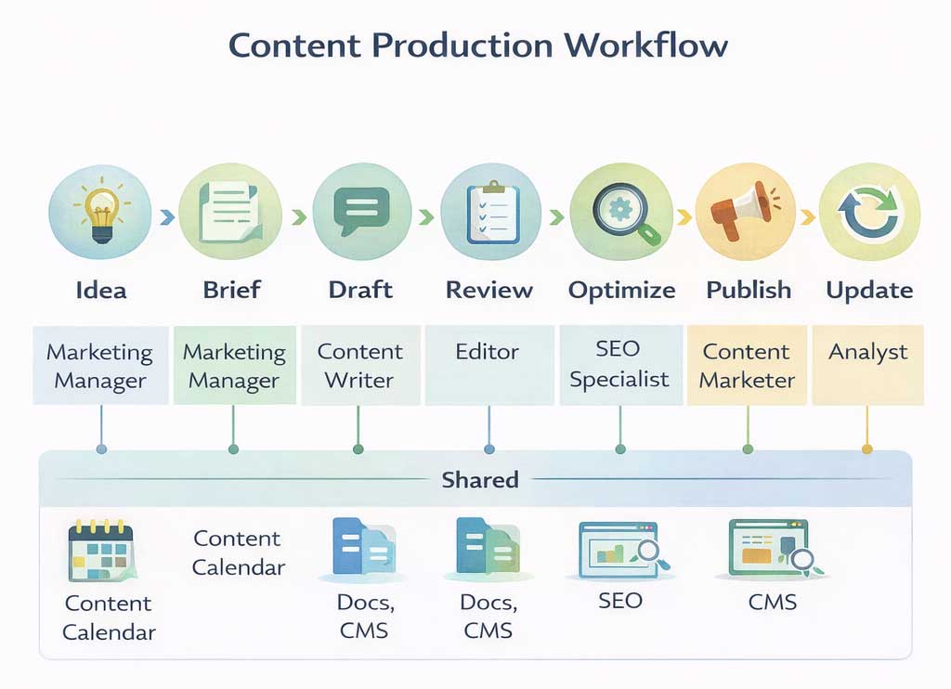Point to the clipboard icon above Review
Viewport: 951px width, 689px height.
coord(489,213)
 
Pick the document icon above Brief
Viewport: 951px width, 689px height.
coord(230,211)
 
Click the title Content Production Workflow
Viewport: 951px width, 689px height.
coord(478,45)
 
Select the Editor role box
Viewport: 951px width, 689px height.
coord(489,365)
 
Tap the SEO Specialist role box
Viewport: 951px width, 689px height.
coord(619,365)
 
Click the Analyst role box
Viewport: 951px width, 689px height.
coord(867,365)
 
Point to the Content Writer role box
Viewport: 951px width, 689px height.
coord(359,365)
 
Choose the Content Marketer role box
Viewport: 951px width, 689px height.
coord(748,365)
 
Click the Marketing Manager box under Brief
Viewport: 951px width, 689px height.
coord(234,365)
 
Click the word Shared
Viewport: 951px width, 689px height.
coord(480,479)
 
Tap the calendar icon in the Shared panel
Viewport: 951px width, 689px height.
coord(102,553)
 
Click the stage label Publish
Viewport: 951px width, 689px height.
coord(749,290)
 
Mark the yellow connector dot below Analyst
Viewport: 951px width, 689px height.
coord(867,448)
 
